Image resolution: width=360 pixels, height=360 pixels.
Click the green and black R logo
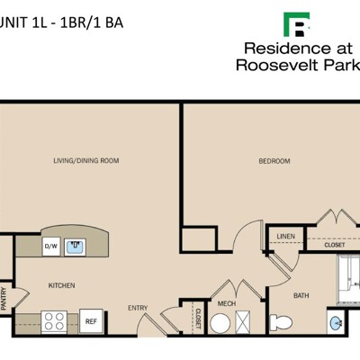(297, 24)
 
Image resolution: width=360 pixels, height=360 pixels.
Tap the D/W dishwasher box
(51, 247)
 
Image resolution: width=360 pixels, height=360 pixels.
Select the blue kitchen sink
(75, 247)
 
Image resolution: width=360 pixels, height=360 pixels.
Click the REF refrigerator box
(91, 321)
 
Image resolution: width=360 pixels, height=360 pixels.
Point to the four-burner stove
(54, 321)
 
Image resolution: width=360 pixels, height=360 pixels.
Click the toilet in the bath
(281, 322)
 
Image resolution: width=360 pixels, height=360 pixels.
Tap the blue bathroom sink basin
(336, 323)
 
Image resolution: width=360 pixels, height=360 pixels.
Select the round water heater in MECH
(220, 323)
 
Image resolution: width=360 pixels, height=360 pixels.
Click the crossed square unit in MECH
(243, 322)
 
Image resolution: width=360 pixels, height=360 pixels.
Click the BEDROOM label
(274, 161)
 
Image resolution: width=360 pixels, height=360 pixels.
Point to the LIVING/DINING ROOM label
(86, 160)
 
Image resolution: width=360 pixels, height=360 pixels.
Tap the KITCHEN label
(61, 285)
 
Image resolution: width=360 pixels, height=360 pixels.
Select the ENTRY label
(138, 308)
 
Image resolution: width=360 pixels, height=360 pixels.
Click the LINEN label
(285, 237)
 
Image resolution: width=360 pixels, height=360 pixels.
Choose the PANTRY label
(4, 299)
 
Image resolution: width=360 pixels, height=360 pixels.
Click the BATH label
(301, 295)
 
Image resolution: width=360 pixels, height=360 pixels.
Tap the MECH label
(227, 303)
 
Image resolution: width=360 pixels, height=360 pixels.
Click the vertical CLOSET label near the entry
(198, 319)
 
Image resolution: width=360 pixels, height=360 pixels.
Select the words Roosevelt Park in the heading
(298, 65)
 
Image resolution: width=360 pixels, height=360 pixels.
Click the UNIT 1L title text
(23, 22)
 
